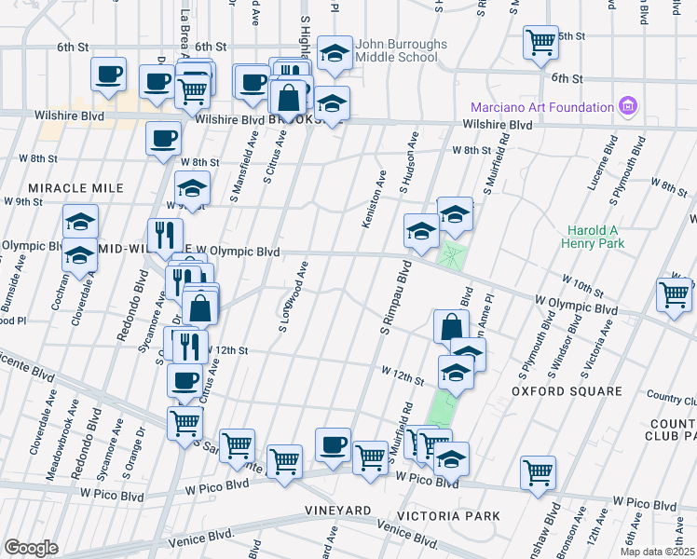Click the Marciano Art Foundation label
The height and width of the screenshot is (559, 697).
(x=542, y=106)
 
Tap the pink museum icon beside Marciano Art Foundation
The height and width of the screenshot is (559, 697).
(x=629, y=106)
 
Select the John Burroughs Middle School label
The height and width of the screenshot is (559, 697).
(x=395, y=50)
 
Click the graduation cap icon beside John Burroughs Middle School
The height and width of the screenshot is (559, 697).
(x=334, y=54)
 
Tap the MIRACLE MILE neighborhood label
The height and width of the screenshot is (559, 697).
(x=75, y=188)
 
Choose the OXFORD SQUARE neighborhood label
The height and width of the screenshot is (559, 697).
(x=567, y=391)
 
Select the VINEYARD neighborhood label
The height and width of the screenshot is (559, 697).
(x=339, y=511)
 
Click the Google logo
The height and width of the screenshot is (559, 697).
(x=31, y=548)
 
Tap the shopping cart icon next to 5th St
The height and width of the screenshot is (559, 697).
(x=540, y=43)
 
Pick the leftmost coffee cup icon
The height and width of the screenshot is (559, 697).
(x=108, y=75)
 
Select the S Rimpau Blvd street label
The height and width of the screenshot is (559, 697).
(x=393, y=305)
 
